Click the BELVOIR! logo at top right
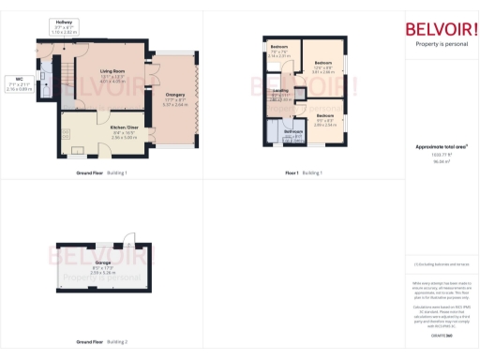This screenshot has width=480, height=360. point(440,27)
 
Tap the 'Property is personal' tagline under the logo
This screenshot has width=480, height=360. point(440,44)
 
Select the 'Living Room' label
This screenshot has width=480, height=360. point(112,69)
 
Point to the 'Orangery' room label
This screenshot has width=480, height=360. point(175,94)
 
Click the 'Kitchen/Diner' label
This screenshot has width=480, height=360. point(124,127)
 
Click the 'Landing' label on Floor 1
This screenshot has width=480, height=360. point(280,91)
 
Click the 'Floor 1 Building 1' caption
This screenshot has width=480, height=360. point(304,173)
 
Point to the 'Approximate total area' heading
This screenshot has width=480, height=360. point(441,147)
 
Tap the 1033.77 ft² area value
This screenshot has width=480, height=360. point(440,156)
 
